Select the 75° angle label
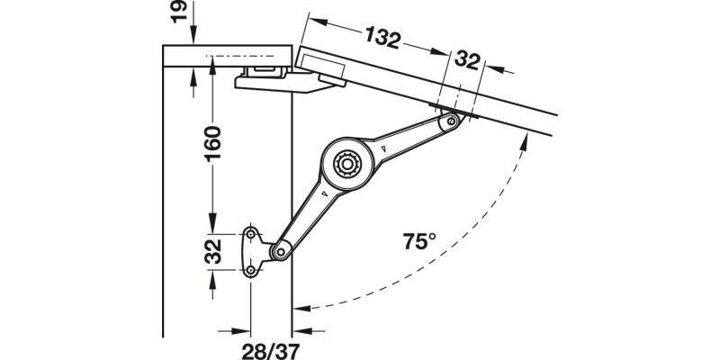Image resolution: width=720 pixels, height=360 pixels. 418,241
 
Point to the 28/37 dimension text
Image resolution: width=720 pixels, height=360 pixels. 271,346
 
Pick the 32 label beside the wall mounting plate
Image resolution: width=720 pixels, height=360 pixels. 211,252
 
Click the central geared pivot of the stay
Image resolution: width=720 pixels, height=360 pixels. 346,164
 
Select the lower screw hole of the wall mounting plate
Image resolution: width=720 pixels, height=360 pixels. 251,269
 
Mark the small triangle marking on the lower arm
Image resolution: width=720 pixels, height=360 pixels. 318,192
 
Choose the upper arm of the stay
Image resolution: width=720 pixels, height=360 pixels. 409,135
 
